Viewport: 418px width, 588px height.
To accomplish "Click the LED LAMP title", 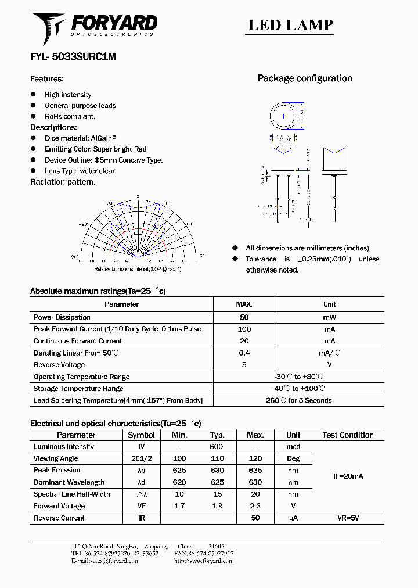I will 290,25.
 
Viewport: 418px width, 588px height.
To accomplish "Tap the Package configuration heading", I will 304,78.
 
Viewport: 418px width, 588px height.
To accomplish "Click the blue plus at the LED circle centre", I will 283,116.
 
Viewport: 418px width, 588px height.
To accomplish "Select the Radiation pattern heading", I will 63,182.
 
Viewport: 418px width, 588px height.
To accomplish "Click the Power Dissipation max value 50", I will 244,317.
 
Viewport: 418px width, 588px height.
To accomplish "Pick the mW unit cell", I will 329,317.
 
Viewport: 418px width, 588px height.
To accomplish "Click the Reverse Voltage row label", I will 59,365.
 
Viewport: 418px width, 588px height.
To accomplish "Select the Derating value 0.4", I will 244,353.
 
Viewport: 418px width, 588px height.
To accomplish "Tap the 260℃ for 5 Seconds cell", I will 298,400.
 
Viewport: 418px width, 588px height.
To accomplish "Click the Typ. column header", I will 217,435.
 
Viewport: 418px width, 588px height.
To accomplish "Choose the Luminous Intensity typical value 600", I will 217,447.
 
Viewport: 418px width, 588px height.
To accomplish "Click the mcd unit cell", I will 293,447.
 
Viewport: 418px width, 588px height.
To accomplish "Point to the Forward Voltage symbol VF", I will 141,506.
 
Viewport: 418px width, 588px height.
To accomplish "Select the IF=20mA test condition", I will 348,476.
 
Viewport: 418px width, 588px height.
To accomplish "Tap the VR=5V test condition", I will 348,518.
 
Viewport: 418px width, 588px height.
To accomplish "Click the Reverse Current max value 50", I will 255,518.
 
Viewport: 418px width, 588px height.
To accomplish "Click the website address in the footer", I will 203,561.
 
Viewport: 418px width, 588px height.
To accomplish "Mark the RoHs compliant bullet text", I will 70,116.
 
